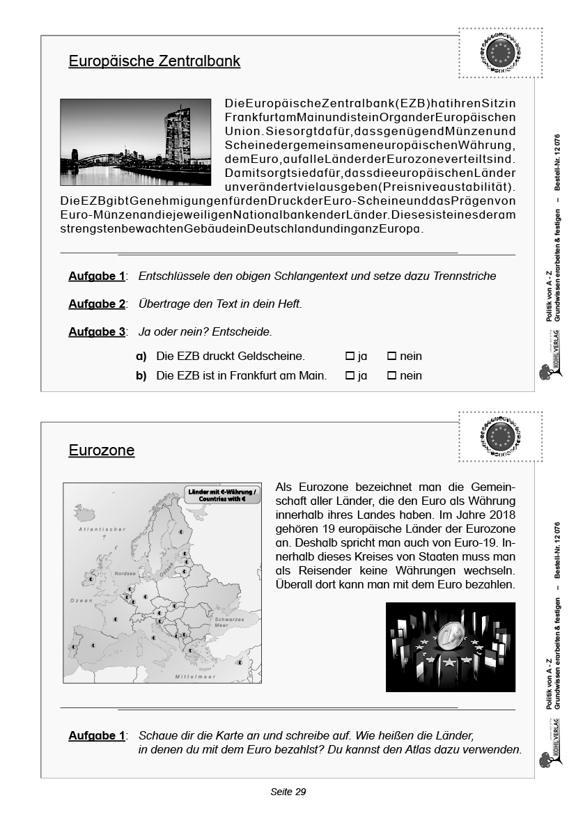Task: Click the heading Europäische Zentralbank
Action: click(154, 61)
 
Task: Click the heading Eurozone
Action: click(102, 451)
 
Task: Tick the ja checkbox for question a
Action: click(350, 357)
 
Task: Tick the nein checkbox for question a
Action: click(391, 357)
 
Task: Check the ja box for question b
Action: click(350, 376)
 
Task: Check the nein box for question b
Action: click(391, 376)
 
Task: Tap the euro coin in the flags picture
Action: click(453, 638)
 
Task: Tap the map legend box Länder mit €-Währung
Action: click(222, 495)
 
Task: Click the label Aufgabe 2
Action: click(97, 304)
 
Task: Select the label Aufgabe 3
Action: click(97, 332)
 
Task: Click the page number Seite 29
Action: click(288, 792)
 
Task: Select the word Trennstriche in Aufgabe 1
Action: click(464, 276)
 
